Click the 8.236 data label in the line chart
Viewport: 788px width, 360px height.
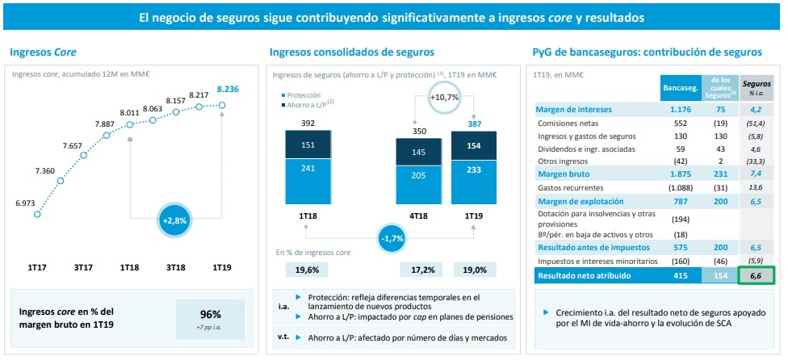228,89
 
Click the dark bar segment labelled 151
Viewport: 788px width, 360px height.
308,145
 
